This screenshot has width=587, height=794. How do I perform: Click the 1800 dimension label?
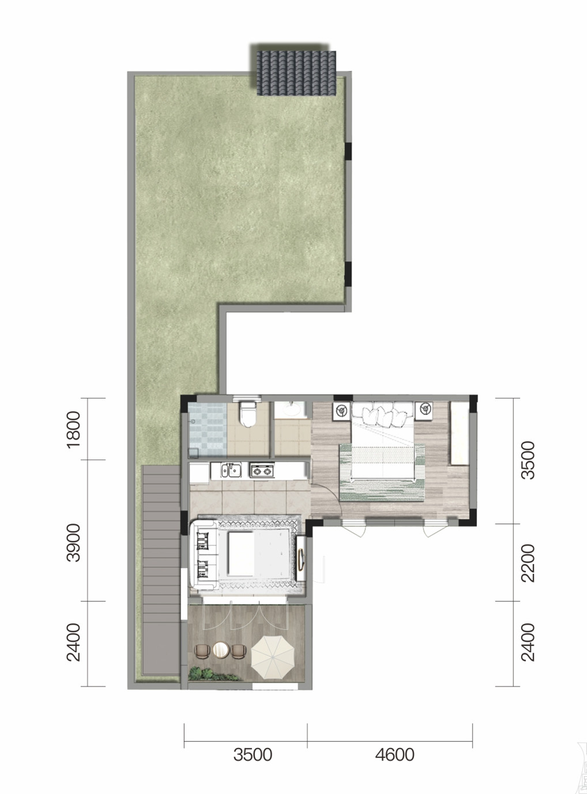tap(73, 429)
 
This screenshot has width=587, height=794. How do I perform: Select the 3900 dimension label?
tap(73, 543)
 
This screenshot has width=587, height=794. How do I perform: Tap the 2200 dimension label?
tap(528, 563)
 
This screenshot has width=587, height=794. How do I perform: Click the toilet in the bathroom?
tap(248, 414)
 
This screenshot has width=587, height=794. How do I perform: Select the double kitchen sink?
tap(231, 471)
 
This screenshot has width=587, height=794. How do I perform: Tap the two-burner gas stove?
tap(262, 471)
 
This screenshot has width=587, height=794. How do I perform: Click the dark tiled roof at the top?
tap(296, 73)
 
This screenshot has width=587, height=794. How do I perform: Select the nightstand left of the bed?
tap(342, 410)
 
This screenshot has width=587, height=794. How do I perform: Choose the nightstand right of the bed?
tap(424, 409)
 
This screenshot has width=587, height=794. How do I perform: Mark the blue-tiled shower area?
tap(208, 429)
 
